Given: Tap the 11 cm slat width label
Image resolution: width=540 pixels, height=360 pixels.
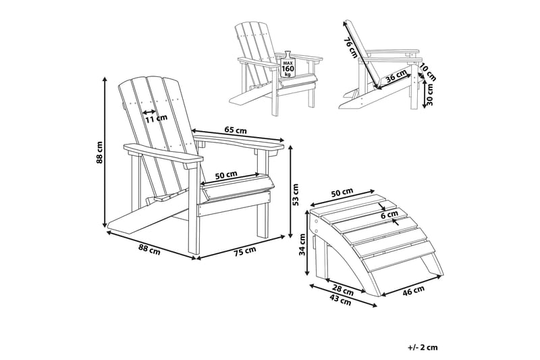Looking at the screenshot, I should click(x=157, y=118).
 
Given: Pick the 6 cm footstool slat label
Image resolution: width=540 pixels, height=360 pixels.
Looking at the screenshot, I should click(x=390, y=215).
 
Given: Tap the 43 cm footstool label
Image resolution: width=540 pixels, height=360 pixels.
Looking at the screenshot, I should click(x=340, y=302).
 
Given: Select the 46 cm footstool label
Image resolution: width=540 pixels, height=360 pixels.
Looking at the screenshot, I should click(x=414, y=291).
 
